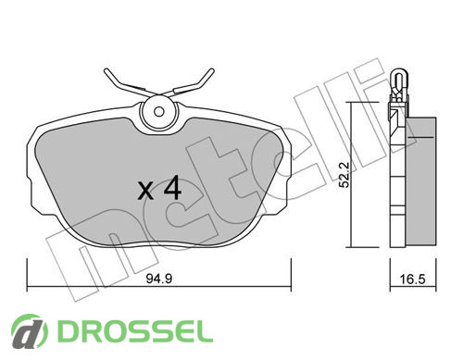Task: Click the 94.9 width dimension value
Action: click(158, 279)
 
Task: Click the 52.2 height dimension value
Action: click(344, 175)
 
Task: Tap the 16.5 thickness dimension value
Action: click(412, 279)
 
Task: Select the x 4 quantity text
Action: click(159, 188)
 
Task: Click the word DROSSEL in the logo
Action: click(135, 331)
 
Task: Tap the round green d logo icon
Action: click(30, 331)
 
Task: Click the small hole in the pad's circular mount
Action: click(159, 112)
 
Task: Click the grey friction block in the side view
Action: click(420, 181)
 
